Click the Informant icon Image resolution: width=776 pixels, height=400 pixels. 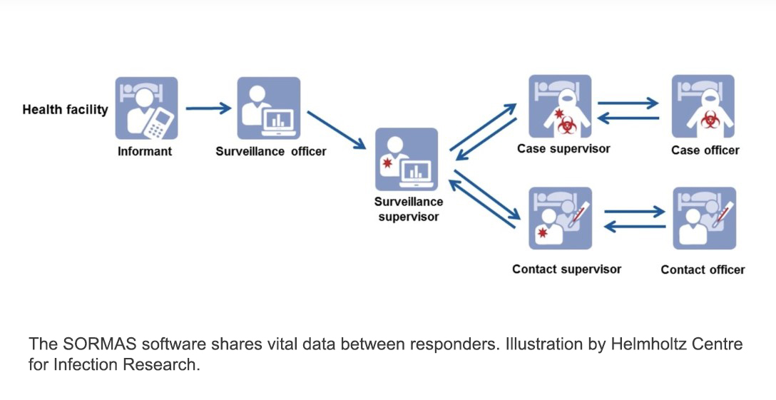click(x=146, y=108)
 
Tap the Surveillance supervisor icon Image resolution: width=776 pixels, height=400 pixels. click(x=406, y=159)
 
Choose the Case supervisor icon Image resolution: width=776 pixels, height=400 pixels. click(x=560, y=107)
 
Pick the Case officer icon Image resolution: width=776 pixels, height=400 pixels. click(x=703, y=107)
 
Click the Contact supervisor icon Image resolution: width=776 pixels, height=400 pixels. click(x=560, y=218)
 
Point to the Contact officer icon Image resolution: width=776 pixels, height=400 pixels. click(x=704, y=218)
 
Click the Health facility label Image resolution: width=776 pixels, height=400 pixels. click(x=65, y=110)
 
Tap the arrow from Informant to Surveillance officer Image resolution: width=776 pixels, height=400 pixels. click(x=208, y=108)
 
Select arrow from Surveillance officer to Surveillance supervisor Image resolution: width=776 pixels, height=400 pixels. click(x=336, y=130)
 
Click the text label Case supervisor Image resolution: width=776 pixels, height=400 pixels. click(x=563, y=149)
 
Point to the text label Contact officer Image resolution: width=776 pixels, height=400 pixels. click(x=703, y=270)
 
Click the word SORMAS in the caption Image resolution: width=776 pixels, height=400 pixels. click(x=95, y=344)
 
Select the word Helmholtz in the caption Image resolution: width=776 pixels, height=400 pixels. click(x=640, y=344)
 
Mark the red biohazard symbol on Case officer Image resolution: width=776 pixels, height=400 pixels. click(x=709, y=120)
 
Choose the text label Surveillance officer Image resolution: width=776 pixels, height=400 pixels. click(x=271, y=151)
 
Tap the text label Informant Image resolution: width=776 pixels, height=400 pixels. click(x=145, y=151)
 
